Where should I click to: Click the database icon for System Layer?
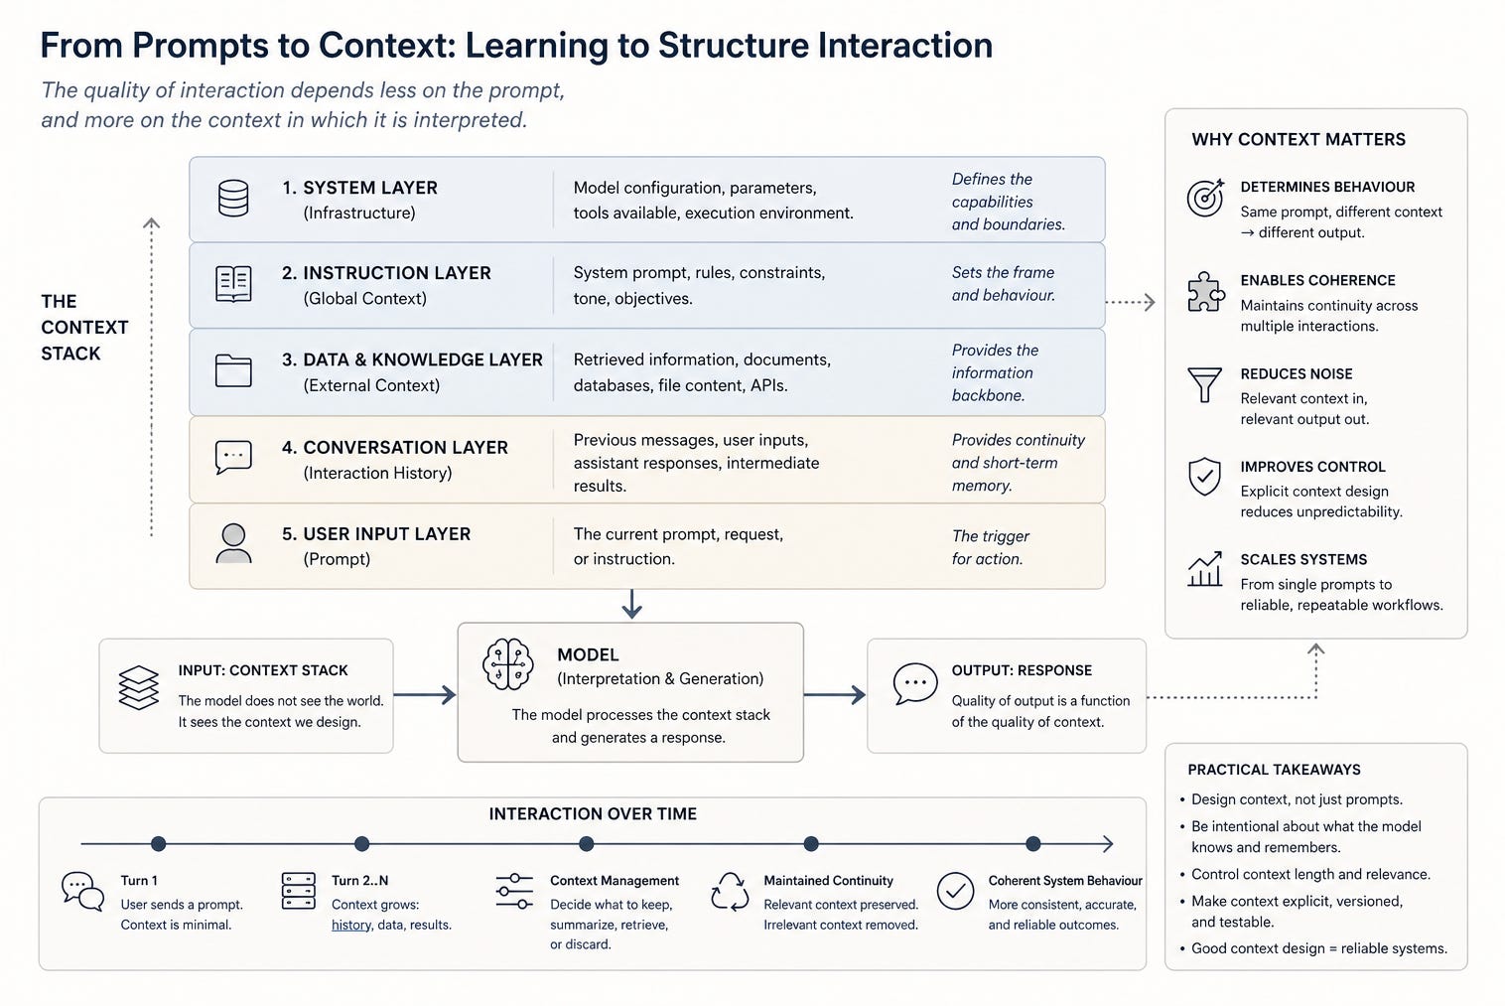(233, 199)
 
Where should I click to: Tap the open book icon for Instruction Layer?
(233, 284)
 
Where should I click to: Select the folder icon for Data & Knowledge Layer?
(233, 370)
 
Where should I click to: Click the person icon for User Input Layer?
(233, 543)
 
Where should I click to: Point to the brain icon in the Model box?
(508, 664)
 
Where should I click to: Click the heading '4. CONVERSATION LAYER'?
(394, 448)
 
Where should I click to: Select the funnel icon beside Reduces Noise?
(1204, 384)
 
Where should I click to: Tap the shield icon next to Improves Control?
(1204, 477)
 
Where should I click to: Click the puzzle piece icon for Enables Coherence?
(1205, 292)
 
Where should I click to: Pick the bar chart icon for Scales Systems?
(1204, 569)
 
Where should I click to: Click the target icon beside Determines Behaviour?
(1205, 198)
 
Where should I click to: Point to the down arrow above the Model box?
(631, 604)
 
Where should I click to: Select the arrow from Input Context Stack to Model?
(425, 694)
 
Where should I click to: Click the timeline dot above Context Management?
(587, 843)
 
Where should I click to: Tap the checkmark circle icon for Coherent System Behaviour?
(955, 891)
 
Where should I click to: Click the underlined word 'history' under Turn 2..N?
(351, 925)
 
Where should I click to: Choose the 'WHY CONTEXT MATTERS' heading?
(1299, 140)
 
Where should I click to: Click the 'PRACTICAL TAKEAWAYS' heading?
(1274, 770)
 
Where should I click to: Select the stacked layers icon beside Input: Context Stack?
(138, 687)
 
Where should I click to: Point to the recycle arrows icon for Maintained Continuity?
(730, 892)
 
